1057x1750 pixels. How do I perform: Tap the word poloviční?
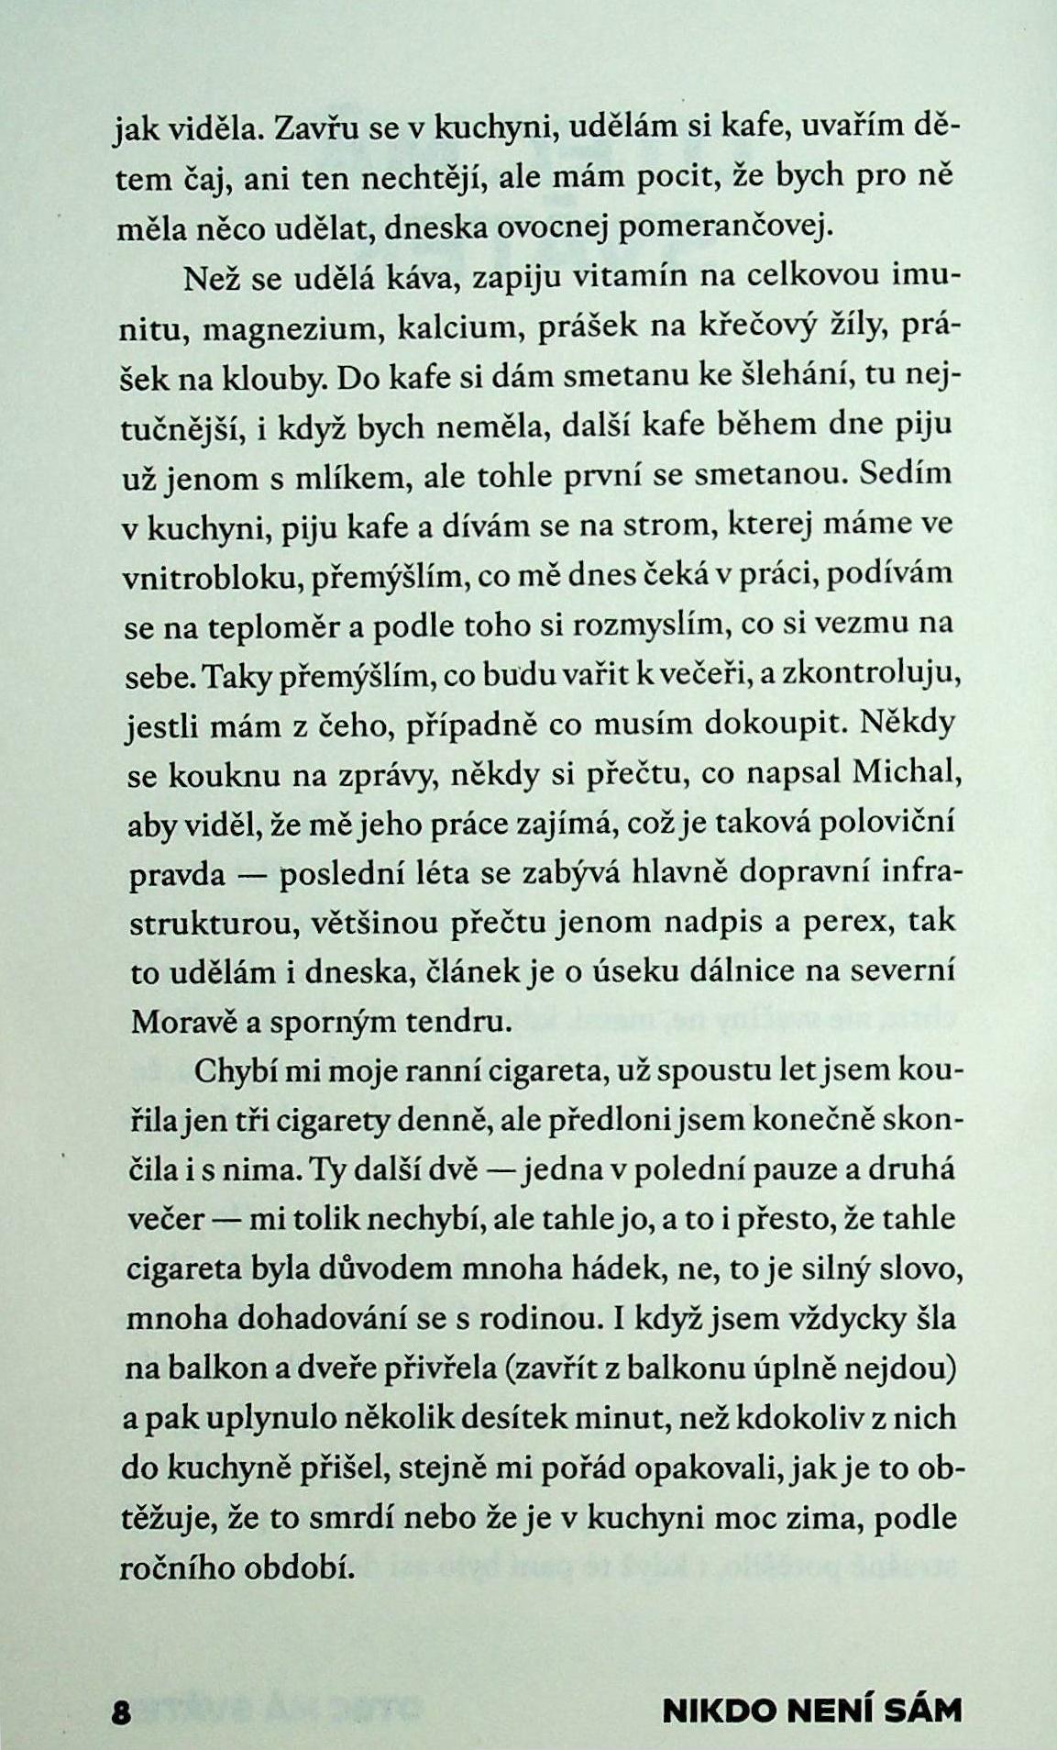pyautogui.click(x=881, y=822)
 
